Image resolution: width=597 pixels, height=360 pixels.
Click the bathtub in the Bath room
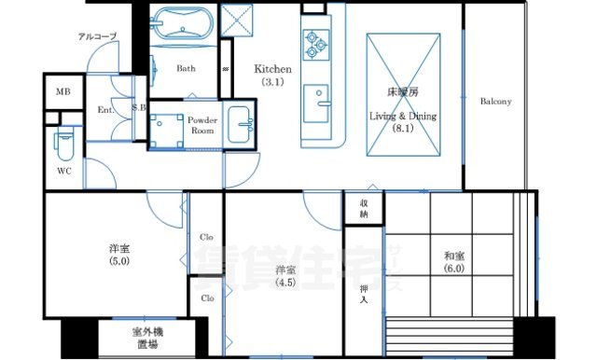click(182, 21)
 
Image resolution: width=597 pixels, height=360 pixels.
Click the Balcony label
click(496, 101)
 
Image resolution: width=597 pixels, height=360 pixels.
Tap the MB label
click(62, 91)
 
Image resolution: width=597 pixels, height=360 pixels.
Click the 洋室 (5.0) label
click(118, 255)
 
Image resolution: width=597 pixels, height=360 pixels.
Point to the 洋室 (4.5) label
click(286, 277)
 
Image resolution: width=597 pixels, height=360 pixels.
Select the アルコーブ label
click(97, 36)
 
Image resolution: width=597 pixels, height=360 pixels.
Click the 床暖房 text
click(402, 93)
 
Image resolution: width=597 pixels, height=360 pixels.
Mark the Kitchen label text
click(273, 69)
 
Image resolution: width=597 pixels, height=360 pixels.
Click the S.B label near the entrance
click(140, 108)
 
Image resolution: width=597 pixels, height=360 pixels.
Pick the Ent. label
click(105, 110)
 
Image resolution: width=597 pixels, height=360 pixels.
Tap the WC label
click(63, 172)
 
